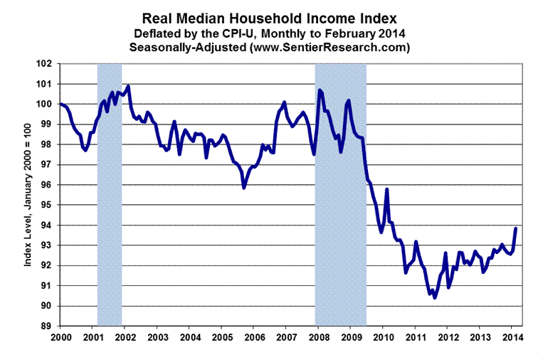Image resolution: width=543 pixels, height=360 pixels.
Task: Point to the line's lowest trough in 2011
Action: [435, 297]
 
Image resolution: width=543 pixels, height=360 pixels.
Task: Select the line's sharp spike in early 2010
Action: [386, 189]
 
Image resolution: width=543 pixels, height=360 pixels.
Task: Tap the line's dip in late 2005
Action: [244, 188]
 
